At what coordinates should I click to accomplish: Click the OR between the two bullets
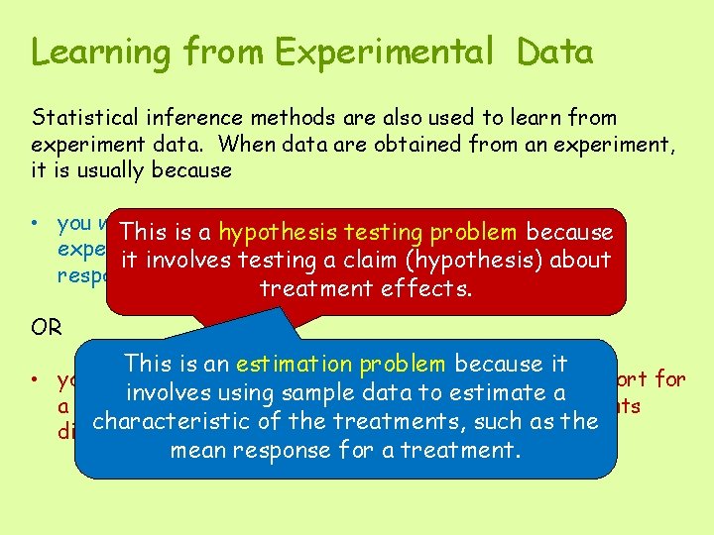(x=47, y=328)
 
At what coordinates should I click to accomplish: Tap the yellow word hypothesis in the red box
(x=279, y=233)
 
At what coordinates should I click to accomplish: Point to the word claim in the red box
(x=364, y=261)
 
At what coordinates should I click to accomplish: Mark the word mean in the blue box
(x=201, y=450)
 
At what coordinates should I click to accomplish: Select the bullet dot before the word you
(x=38, y=223)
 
